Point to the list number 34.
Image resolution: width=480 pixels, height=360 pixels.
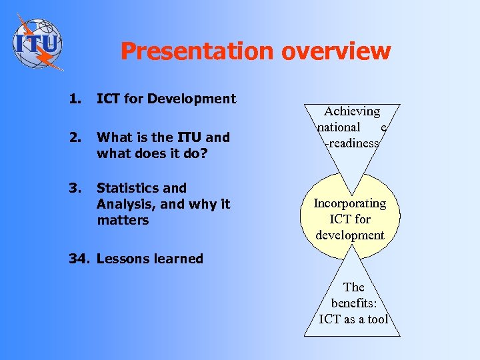tap(80, 259)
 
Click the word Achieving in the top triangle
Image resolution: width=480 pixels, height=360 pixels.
tap(352, 111)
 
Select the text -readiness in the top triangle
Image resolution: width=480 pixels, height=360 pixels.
tap(351, 143)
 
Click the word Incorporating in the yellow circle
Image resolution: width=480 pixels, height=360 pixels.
tap(350, 203)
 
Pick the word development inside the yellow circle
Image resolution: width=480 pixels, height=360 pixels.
tap(350, 235)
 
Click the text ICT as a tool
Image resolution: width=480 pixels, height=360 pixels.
tap(353, 319)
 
